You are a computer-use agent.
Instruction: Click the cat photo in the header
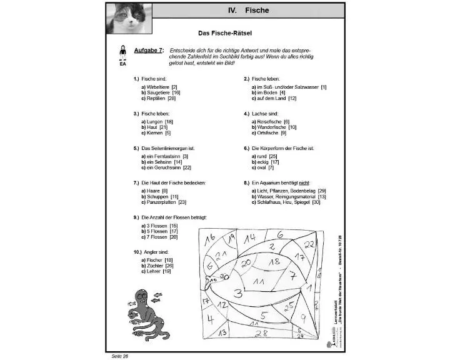(x=131, y=18)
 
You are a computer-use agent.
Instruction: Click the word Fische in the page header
(x=256, y=10)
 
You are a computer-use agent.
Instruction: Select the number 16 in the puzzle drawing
(x=210, y=238)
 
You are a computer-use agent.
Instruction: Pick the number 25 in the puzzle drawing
(x=288, y=308)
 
